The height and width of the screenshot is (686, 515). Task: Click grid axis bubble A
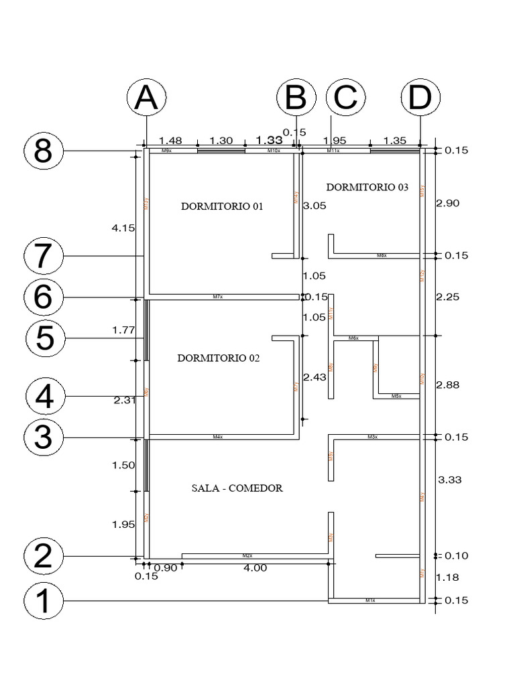click(x=146, y=98)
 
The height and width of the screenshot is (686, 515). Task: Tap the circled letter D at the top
click(x=420, y=98)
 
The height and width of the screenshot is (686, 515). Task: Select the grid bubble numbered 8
click(x=44, y=151)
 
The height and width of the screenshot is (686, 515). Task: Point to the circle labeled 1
click(x=44, y=600)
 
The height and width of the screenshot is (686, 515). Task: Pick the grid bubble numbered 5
click(x=46, y=338)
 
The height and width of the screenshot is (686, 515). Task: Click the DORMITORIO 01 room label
click(x=222, y=206)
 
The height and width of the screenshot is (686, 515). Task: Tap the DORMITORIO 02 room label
click(x=218, y=358)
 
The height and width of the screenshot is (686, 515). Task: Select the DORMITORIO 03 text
click(x=367, y=188)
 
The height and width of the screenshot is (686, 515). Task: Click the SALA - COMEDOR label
click(x=237, y=488)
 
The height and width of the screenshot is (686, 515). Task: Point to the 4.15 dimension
click(x=123, y=228)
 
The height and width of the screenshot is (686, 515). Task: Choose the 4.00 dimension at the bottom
click(x=255, y=568)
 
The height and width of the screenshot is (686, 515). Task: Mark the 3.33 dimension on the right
click(x=449, y=480)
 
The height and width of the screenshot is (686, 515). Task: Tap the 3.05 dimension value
click(x=314, y=206)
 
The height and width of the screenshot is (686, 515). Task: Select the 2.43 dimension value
click(x=314, y=378)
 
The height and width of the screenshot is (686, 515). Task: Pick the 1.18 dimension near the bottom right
click(x=449, y=577)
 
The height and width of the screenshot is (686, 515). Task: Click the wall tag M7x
click(x=217, y=297)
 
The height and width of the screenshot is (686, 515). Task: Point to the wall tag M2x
click(x=247, y=556)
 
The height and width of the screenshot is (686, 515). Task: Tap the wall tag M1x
click(x=369, y=601)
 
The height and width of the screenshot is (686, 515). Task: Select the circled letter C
click(x=346, y=98)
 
